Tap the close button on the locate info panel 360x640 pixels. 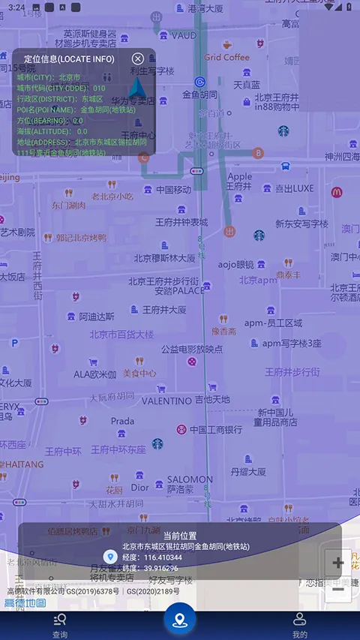pyautogui.click(x=138, y=59)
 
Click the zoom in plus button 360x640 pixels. pyautogui.click(x=337, y=563)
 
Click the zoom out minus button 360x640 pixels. pyautogui.click(x=337, y=589)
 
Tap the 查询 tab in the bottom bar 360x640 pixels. pyautogui.click(x=60, y=624)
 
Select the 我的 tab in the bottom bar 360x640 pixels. pyautogui.click(x=300, y=624)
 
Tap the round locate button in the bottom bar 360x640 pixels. pyautogui.click(x=180, y=620)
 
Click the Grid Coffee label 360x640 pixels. pyautogui.click(x=226, y=57)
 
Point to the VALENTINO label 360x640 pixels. pyautogui.click(x=166, y=401)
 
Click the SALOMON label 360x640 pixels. pyautogui.click(x=190, y=479)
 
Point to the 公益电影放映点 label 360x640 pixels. pyautogui.click(x=191, y=349)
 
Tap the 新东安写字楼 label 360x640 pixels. pyautogui.click(x=301, y=224)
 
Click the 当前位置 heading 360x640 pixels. pyautogui.click(x=180, y=536)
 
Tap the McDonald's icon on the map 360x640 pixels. pyautogui.click(x=337, y=192)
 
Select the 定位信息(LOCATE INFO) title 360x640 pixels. pyautogui.click(x=69, y=59)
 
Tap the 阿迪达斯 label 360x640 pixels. pyautogui.click(x=97, y=317)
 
